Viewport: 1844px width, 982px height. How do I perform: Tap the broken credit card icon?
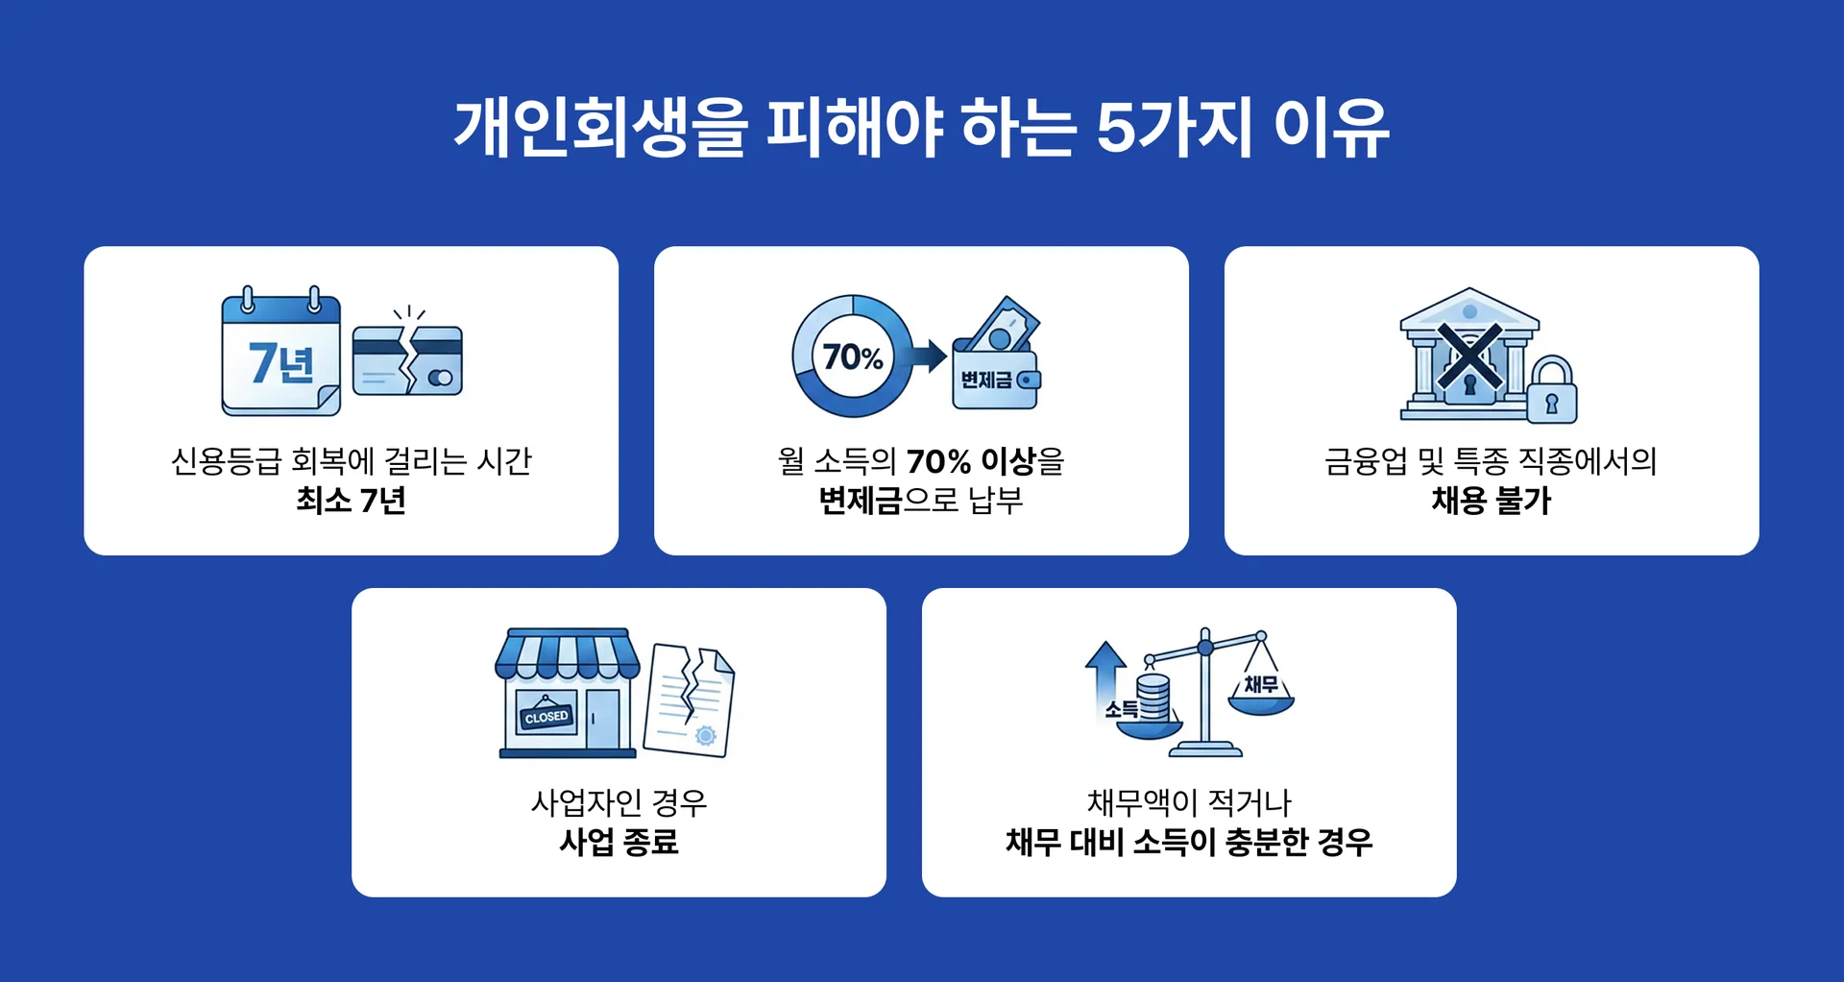tap(407, 360)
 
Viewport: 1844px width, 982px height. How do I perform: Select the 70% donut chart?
tap(851, 356)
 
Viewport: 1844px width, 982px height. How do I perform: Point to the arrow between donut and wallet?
tap(929, 356)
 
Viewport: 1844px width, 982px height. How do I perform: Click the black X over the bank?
tap(1468, 356)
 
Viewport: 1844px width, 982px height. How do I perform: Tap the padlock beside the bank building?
tap(1551, 391)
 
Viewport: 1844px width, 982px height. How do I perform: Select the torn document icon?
tap(690, 700)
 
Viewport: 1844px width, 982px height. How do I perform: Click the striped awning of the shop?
tap(567, 654)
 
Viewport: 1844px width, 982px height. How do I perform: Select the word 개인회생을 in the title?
tap(600, 129)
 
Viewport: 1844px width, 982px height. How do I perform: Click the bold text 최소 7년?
tap(351, 501)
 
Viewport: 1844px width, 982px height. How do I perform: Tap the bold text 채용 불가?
tap(1491, 501)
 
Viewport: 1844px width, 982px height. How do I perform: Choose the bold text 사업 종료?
tap(619, 843)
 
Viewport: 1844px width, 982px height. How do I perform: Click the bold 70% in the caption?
tap(938, 462)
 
